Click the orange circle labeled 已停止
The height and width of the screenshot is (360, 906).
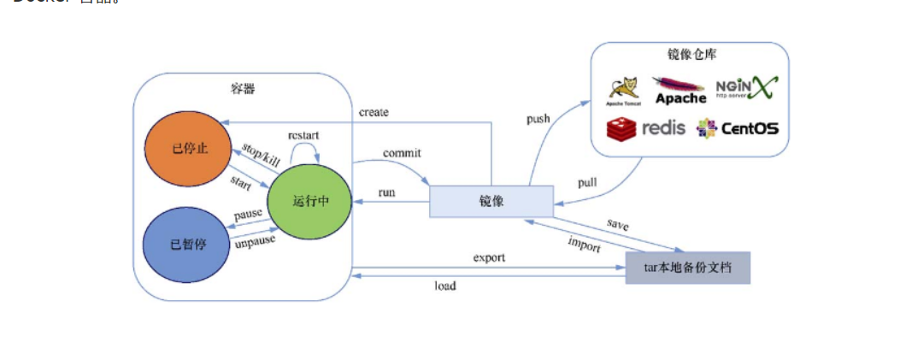pyautogui.click(x=190, y=148)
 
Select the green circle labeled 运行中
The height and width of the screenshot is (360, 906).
pyautogui.click(x=309, y=201)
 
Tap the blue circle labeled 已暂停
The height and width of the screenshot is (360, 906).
pyautogui.click(x=188, y=244)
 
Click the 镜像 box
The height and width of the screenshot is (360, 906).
pyautogui.click(x=491, y=201)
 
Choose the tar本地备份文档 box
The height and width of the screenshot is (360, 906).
pyautogui.click(x=687, y=268)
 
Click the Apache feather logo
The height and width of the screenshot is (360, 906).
pyautogui.click(x=679, y=90)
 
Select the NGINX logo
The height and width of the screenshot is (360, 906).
pyautogui.click(x=746, y=88)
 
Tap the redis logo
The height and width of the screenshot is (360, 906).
pyautogui.click(x=646, y=129)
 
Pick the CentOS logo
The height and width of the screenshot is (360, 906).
pyautogui.click(x=738, y=129)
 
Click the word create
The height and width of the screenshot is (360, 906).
pyautogui.click(x=374, y=112)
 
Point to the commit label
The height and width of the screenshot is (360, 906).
pyautogui.click(x=402, y=153)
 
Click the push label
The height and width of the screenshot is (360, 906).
pyautogui.click(x=538, y=119)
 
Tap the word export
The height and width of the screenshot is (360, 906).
pyautogui.click(x=489, y=257)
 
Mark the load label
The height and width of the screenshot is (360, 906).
pyautogui.click(x=444, y=286)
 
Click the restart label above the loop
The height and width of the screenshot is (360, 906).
pyautogui.click(x=304, y=136)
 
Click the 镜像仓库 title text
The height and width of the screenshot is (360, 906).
pyautogui.click(x=691, y=55)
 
